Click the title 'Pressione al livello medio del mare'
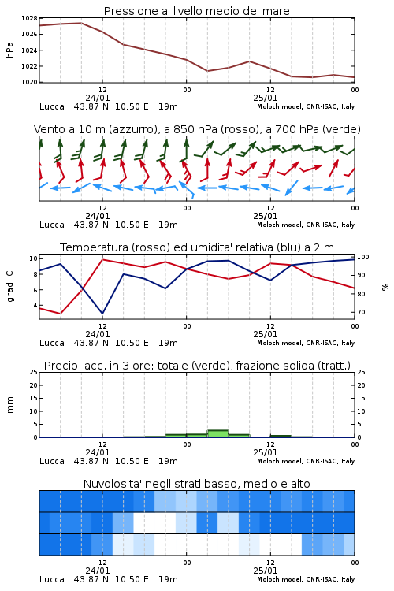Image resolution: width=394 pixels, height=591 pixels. (196, 11)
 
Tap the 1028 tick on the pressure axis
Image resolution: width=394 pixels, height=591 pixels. (29, 18)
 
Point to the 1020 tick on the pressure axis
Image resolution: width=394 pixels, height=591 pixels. (29, 82)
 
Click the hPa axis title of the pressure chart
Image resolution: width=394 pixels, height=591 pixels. (9, 50)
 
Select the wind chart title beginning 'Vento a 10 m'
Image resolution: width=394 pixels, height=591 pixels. (197, 129)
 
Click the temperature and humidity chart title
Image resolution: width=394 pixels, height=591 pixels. (197, 247)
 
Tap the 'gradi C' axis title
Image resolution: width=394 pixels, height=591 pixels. (10, 286)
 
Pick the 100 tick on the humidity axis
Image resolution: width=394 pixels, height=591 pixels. (363, 257)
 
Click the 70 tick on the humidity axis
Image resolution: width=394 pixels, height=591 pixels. (361, 312)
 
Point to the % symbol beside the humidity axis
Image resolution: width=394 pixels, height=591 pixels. (385, 287)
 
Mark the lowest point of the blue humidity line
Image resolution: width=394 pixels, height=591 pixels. (102, 314)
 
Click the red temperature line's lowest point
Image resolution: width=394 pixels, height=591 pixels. (61, 314)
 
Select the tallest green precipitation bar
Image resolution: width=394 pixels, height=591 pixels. (218, 433)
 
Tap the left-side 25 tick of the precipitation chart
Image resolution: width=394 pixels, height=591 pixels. (34, 372)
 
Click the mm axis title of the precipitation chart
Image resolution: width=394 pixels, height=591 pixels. (9, 404)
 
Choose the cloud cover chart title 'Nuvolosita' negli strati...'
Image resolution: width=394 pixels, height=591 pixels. (197, 484)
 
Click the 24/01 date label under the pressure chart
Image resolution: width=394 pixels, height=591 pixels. (98, 98)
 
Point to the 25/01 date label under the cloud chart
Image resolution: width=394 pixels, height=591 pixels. (266, 571)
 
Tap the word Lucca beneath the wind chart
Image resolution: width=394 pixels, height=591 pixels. (52, 225)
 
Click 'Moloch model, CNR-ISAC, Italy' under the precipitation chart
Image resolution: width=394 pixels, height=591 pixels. (306, 461)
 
